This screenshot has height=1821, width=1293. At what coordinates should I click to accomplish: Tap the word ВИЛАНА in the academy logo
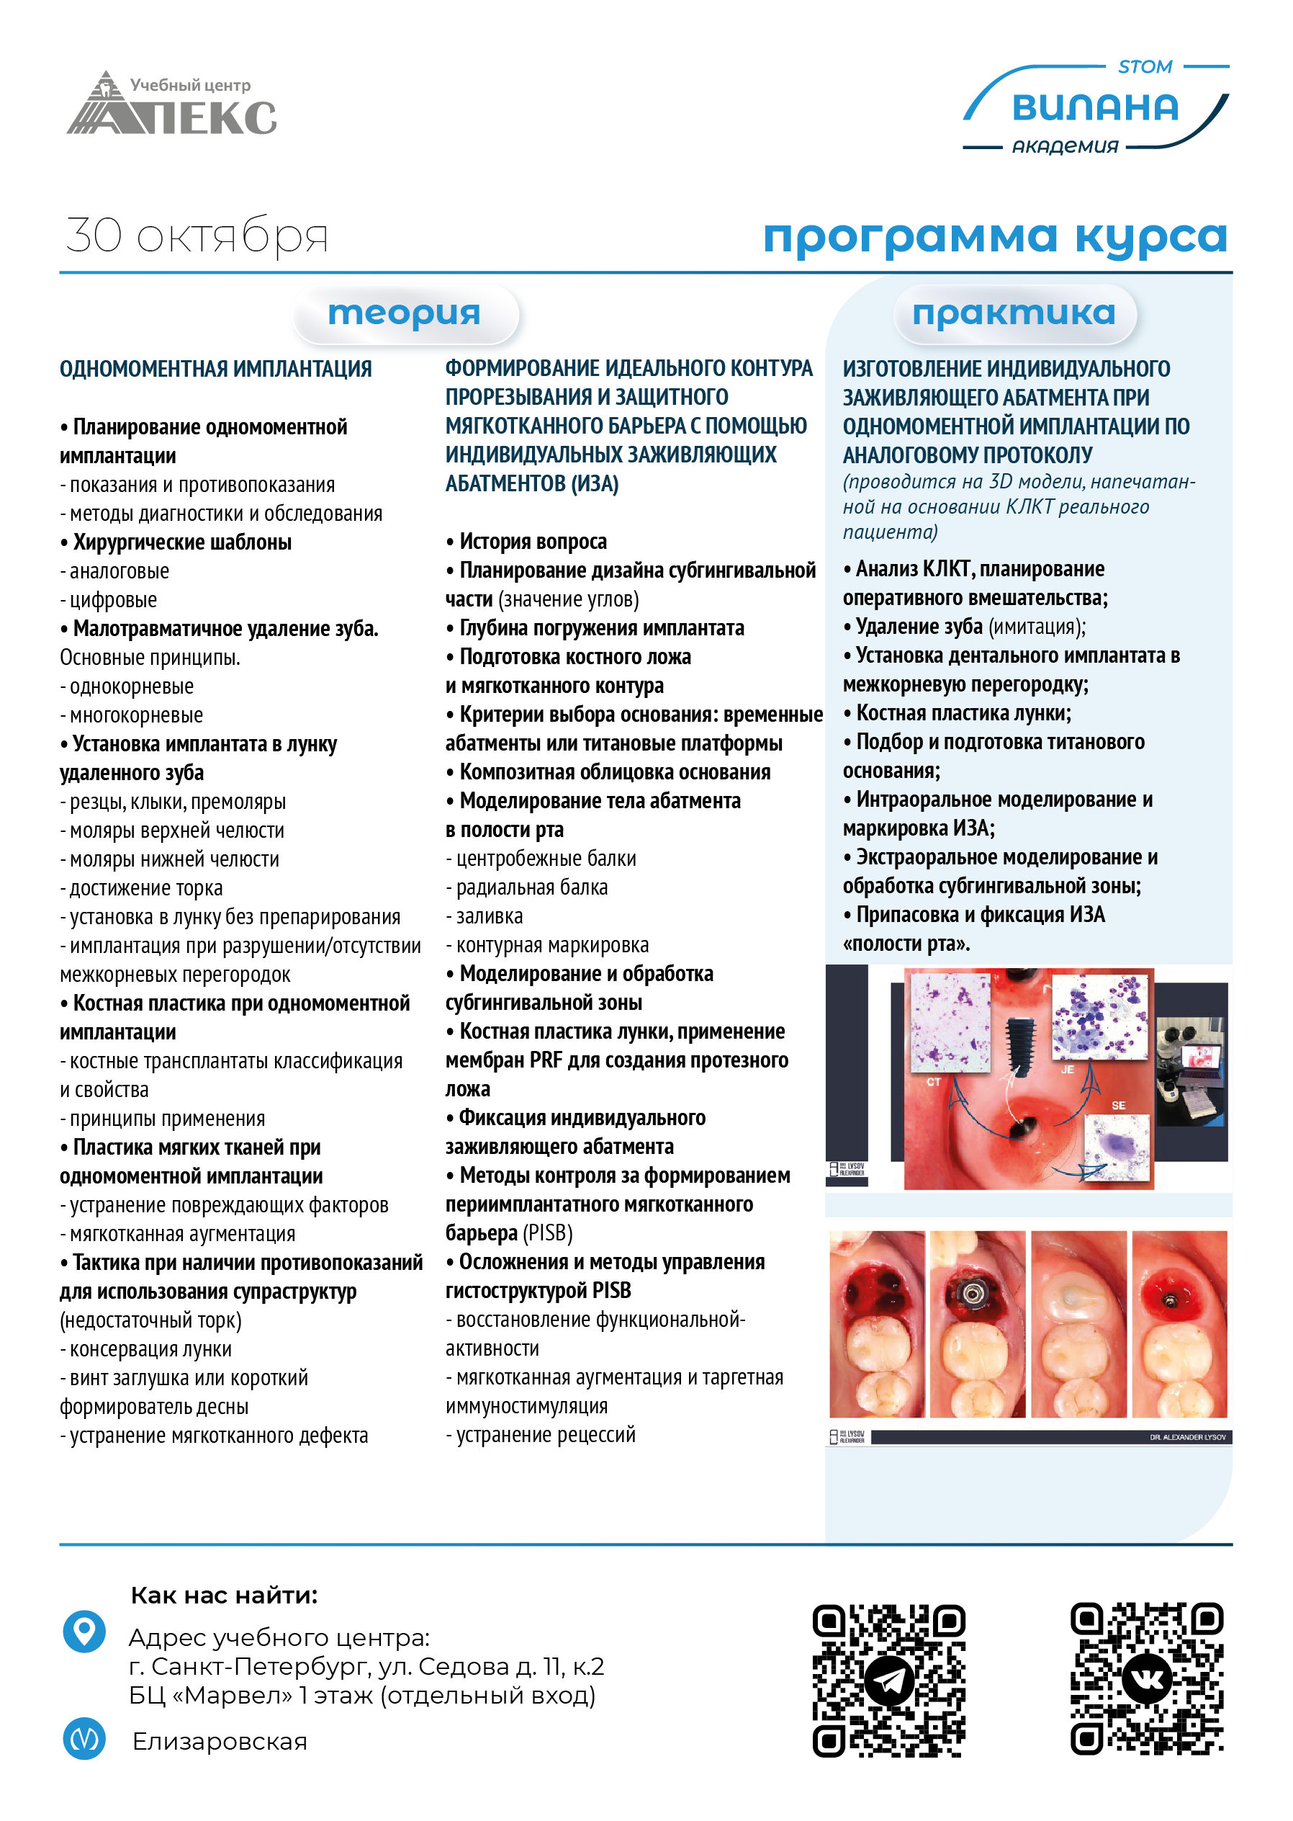[1095, 107]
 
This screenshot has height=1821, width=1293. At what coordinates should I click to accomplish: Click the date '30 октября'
[197, 236]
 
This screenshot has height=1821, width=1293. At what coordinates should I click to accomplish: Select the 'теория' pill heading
[405, 313]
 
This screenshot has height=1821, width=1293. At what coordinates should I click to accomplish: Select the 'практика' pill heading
[1014, 313]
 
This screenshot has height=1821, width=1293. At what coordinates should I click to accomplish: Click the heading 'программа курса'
[994, 236]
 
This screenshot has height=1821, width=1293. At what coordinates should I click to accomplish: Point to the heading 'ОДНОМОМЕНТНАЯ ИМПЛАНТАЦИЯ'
[216, 369]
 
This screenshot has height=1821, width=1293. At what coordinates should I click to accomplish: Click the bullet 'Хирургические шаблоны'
[181, 542]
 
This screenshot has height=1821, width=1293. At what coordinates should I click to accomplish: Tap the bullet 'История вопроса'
[533, 542]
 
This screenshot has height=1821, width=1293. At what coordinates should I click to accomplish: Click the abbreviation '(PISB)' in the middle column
[548, 1233]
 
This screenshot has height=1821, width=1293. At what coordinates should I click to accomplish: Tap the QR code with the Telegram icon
[888, 1680]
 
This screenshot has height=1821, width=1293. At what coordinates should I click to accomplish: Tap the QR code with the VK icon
[1147, 1678]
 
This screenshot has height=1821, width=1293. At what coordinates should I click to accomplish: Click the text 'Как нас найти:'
[224, 1596]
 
